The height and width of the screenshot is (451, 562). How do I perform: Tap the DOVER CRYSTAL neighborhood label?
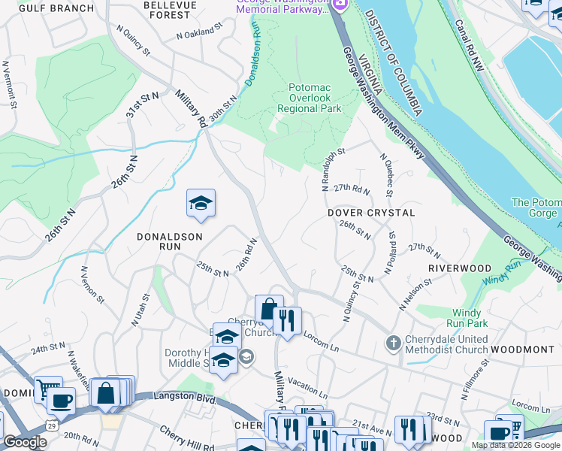(371, 213)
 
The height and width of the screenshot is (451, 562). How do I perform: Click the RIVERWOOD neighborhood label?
(460, 268)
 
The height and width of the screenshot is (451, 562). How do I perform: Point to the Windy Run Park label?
(470, 318)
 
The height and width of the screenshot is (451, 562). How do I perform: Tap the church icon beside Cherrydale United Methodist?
(392, 344)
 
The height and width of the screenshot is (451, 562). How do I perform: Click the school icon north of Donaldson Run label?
(201, 203)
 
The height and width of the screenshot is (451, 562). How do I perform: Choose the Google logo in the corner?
(25, 442)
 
